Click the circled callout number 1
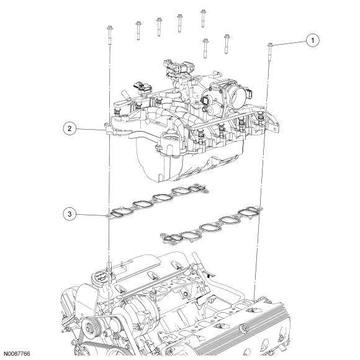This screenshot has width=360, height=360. pos(312,40)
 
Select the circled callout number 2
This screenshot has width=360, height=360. pos(70,128)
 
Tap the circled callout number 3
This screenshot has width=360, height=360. pos(70,214)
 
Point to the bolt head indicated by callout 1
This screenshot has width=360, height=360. pos(270,45)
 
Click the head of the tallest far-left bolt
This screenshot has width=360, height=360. pos(110,28)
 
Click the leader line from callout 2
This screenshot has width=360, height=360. pos(90,129)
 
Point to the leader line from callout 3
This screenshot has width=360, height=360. pos(91,215)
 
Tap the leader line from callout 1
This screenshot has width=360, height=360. pos(289,43)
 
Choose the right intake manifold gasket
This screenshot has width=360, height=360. pos(212,226)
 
